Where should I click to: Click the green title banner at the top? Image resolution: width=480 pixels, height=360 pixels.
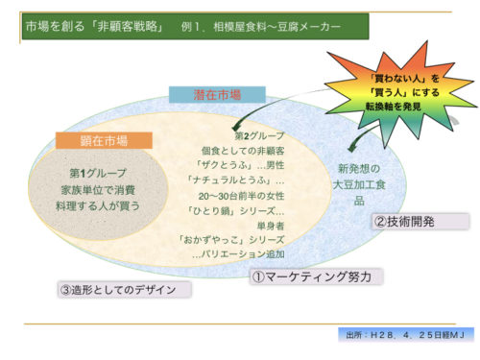[x=192, y=27]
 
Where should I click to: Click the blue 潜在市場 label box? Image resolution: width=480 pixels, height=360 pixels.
[x=217, y=94]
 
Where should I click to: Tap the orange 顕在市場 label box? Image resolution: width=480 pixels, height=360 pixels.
[x=103, y=140]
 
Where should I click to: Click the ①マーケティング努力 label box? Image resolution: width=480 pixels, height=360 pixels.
[x=316, y=276]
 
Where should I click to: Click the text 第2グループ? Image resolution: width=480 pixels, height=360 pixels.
[x=261, y=134]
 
